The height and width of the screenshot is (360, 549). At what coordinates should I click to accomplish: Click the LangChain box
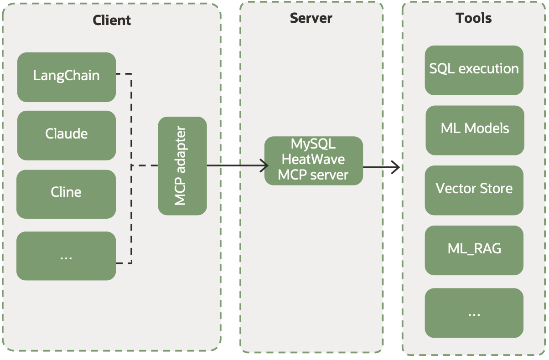pyautogui.click(x=67, y=77)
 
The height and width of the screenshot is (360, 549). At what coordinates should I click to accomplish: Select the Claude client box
pyautogui.click(x=67, y=135)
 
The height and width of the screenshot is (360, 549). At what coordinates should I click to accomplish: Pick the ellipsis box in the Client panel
pyautogui.click(x=66, y=256)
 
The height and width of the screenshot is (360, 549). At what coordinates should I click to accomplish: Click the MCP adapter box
pyautogui.click(x=182, y=166)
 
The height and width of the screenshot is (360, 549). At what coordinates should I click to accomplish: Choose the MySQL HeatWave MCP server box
pyautogui.click(x=313, y=160)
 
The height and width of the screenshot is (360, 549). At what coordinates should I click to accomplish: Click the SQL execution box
pyautogui.click(x=474, y=70)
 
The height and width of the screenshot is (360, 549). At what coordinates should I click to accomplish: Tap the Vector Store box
pyautogui.click(x=474, y=190)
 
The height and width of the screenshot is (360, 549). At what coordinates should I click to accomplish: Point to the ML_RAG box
pyautogui.click(x=474, y=250)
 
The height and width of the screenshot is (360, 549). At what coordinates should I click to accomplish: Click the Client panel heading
pyautogui.click(x=112, y=20)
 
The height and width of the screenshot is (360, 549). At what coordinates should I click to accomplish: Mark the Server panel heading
pyautogui.click(x=311, y=18)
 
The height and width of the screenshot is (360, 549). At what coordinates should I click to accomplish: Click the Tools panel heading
pyautogui.click(x=474, y=18)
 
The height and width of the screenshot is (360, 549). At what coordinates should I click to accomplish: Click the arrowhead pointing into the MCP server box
pyautogui.click(x=264, y=166)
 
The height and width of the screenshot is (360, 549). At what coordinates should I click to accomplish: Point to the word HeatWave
pyautogui.click(x=313, y=159)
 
